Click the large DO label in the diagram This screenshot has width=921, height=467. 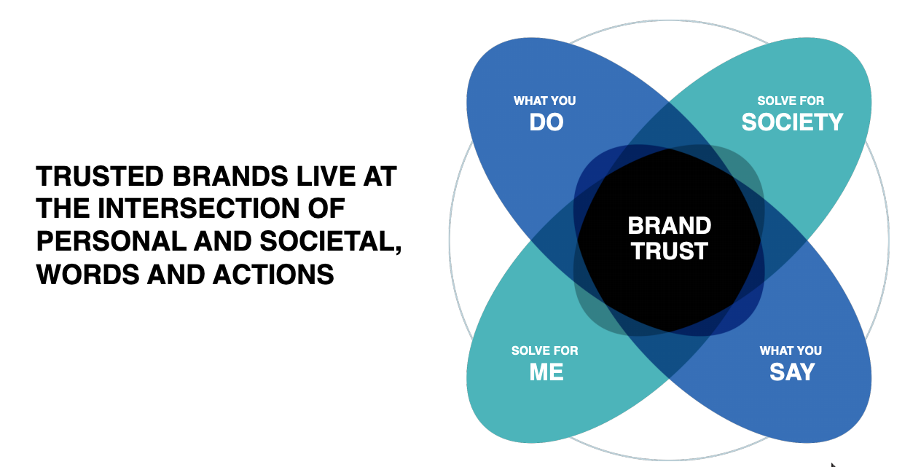click(546, 122)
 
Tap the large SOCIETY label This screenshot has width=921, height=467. click(792, 122)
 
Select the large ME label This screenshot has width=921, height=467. click(546, 372)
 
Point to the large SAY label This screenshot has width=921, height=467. click(791, 372)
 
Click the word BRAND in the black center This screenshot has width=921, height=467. click(669, 226)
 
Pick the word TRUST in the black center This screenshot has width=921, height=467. click(669, 251)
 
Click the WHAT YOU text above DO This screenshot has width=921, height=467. click(544, 101)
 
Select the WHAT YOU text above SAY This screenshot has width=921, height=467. click(791, 350)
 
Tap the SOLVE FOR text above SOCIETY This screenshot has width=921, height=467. click(791, 101)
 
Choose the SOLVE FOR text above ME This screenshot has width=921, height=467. click(544, 350)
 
